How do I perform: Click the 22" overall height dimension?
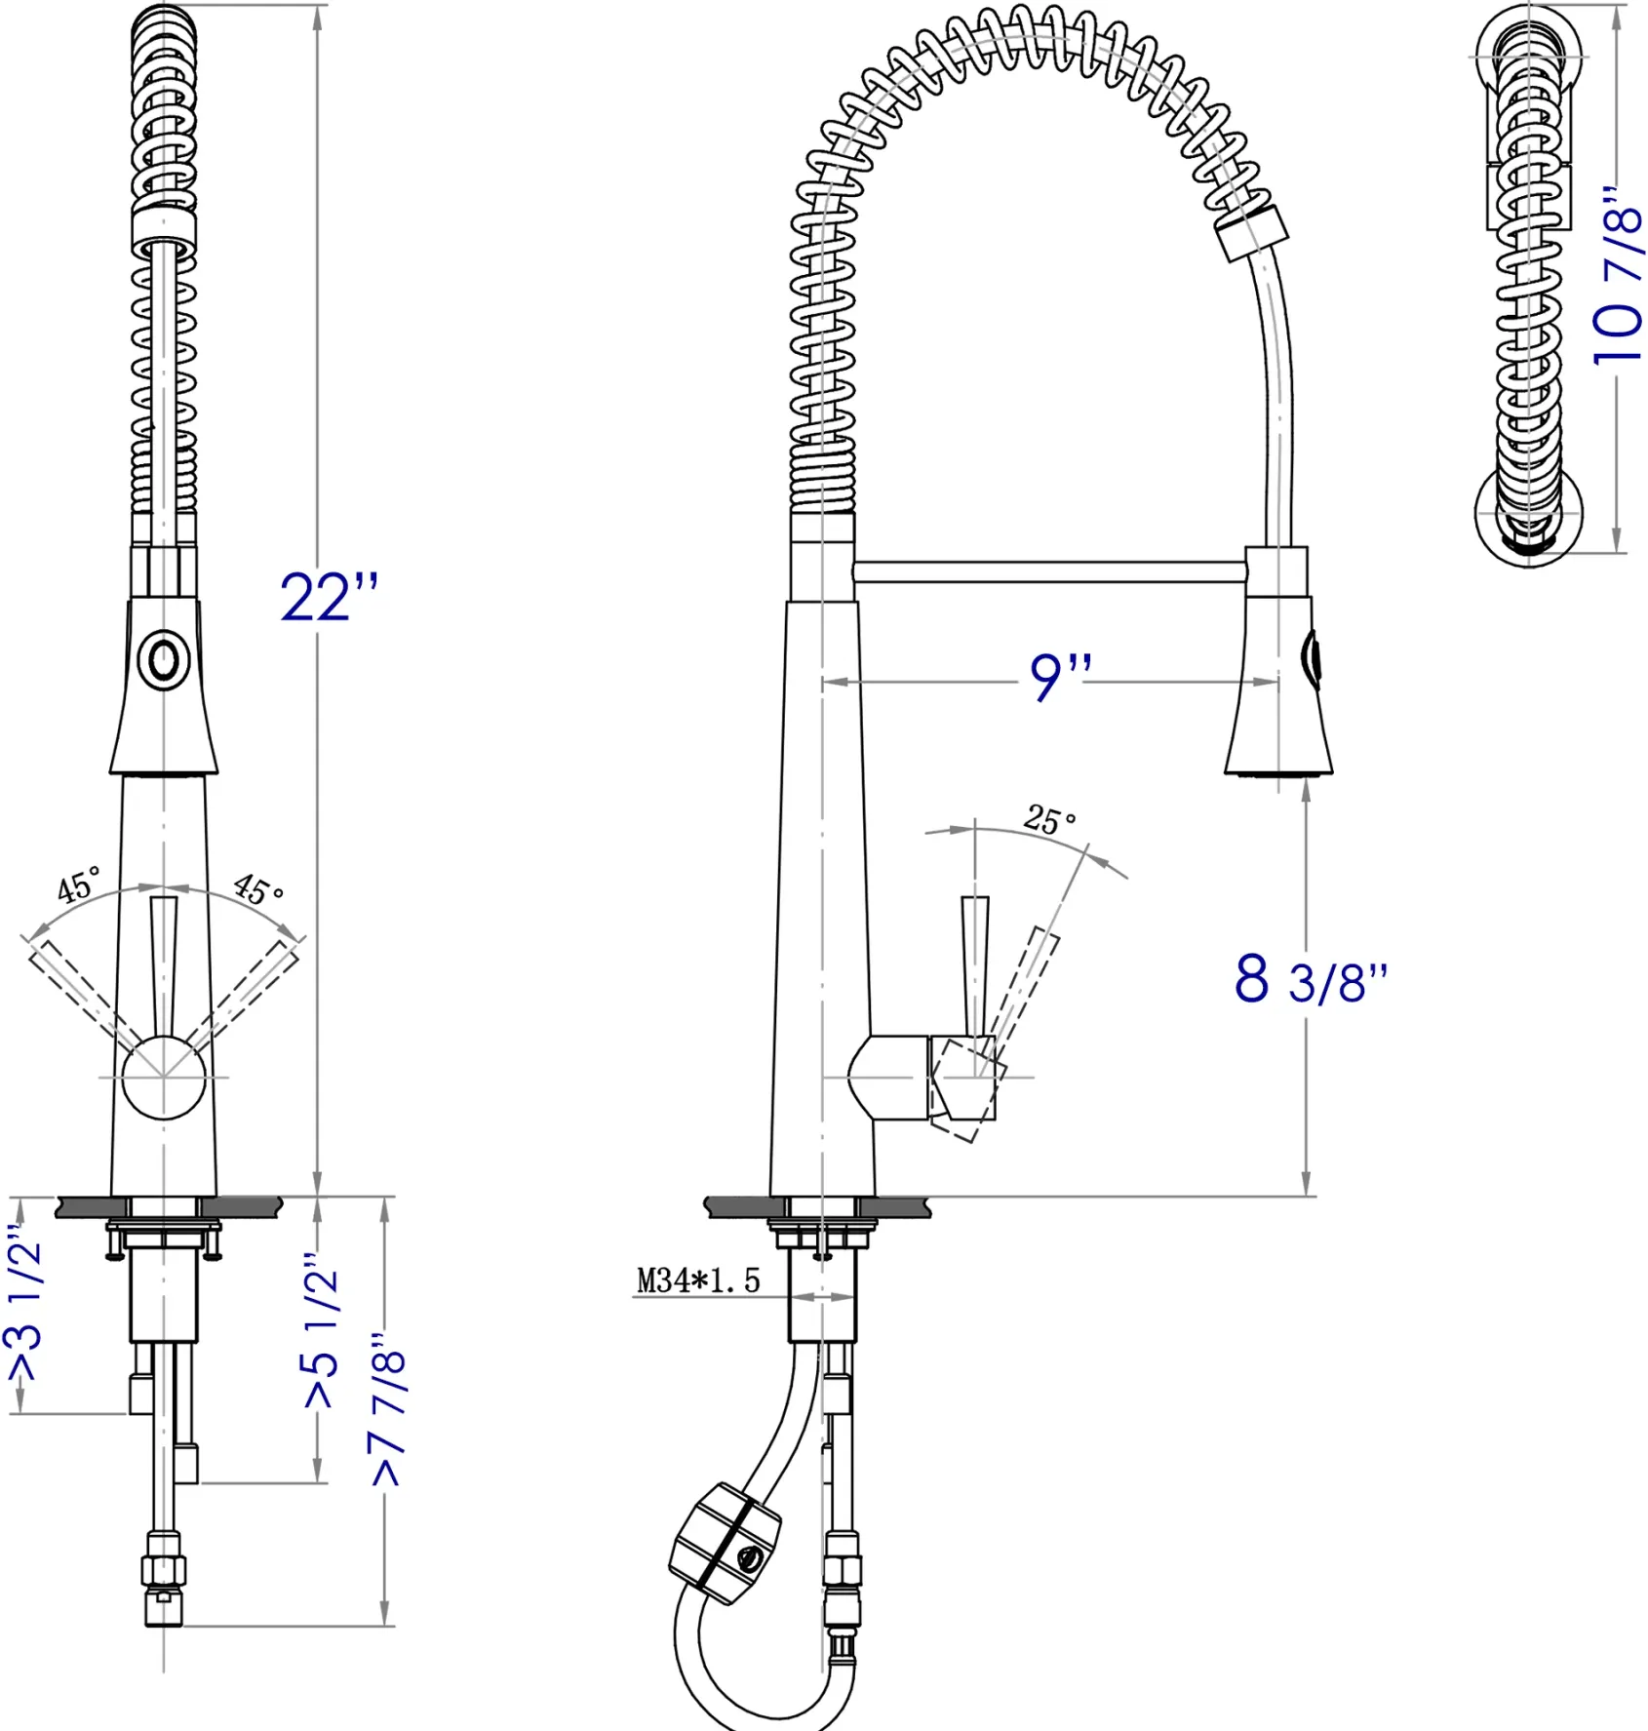tap(329, 596)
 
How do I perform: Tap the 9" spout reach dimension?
tap(1061, 676)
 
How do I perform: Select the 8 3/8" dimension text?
tap(1311, 978)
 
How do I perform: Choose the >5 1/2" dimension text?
tap(321, 1330)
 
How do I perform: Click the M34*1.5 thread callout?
tap(697, 1280)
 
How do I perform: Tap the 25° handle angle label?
tap(1049, 818)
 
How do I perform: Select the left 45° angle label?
tap(79, 884)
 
